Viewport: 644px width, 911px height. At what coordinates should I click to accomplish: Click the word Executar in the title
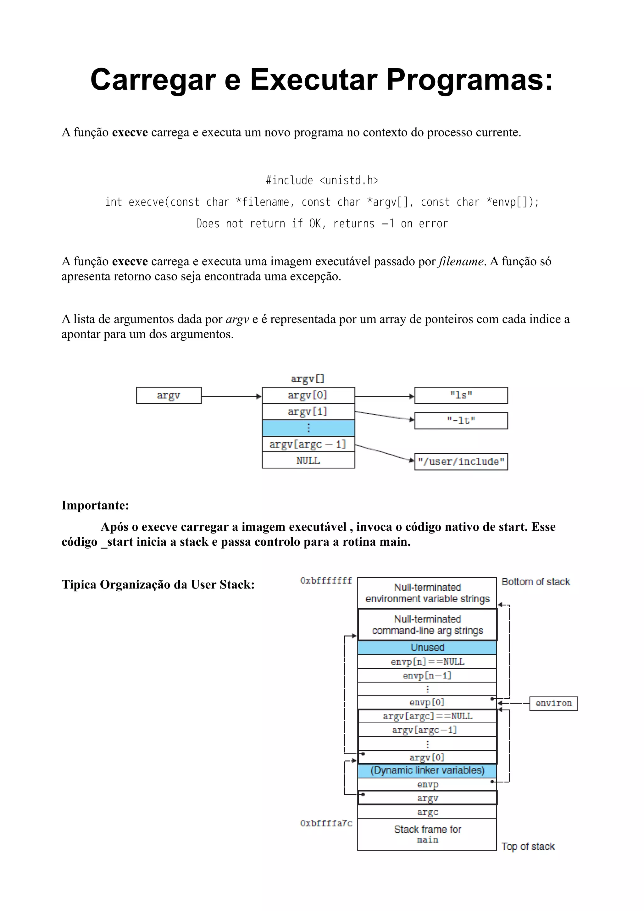[x=314, y=80]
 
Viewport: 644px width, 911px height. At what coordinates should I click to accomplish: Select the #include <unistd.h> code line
[x=322, y=180]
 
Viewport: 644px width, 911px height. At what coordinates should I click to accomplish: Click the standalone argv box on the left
[x=169, y=395]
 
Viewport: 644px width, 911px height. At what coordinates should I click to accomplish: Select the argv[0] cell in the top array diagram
[x=308, y=395]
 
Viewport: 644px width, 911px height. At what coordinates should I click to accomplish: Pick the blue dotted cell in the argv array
[x=308, y=428]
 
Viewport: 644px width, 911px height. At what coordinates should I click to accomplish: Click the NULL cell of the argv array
[x=308, y=461]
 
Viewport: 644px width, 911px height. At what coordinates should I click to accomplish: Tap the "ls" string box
[x=461, y=395]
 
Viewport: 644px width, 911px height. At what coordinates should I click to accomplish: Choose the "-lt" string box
[x=461, y=421]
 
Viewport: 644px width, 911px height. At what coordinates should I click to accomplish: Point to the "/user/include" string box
[x=461, y=462]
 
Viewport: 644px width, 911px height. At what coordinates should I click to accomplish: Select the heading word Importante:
[x=95, y=505]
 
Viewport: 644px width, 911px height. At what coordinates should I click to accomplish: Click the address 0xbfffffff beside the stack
[x=326, y=581]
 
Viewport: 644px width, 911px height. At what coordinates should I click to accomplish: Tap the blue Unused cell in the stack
[x=427, y=648]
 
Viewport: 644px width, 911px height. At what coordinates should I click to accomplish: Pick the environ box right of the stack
[x=553, y=704]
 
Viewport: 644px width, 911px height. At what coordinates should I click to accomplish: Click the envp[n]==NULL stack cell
[x=427, y=662]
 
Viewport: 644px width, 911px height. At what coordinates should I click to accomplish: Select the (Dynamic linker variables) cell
[x=427, y=770]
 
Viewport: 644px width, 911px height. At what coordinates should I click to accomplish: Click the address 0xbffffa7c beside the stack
[x=326, y=823]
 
